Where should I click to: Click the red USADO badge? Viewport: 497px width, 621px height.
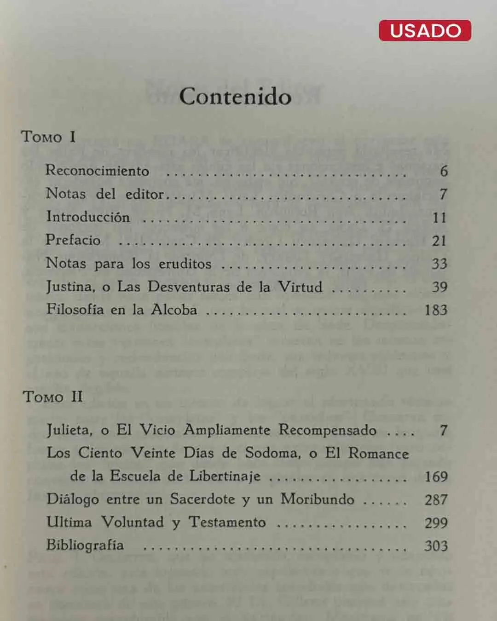[425, 30]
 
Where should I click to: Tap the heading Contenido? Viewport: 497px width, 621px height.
[235, 97]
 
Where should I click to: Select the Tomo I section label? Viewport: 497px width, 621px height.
[48, 137]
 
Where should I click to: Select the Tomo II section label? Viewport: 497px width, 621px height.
[52, 397]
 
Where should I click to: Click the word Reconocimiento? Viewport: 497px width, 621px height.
[97, 171]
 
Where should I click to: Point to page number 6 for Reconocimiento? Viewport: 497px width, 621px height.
[444, 171]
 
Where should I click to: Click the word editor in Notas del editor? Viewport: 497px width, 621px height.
[144, 194]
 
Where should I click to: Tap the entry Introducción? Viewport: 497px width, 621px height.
[88, 217]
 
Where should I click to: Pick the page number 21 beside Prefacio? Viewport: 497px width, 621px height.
[439, 241]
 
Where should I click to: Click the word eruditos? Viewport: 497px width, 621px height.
[185, 264]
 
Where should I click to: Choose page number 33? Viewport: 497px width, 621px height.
[439, 264]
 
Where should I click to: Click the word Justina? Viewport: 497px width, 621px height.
[70, 287]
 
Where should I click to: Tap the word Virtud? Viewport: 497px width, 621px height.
[300, 287]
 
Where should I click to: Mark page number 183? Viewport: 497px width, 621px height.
[436, 310]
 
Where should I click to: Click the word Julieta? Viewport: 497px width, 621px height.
[69, 430]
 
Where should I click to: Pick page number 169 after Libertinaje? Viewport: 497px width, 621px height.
[436, 477]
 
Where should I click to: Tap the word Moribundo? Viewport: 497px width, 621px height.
[318, 499]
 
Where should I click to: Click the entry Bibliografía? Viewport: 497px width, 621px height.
[85, 546]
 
